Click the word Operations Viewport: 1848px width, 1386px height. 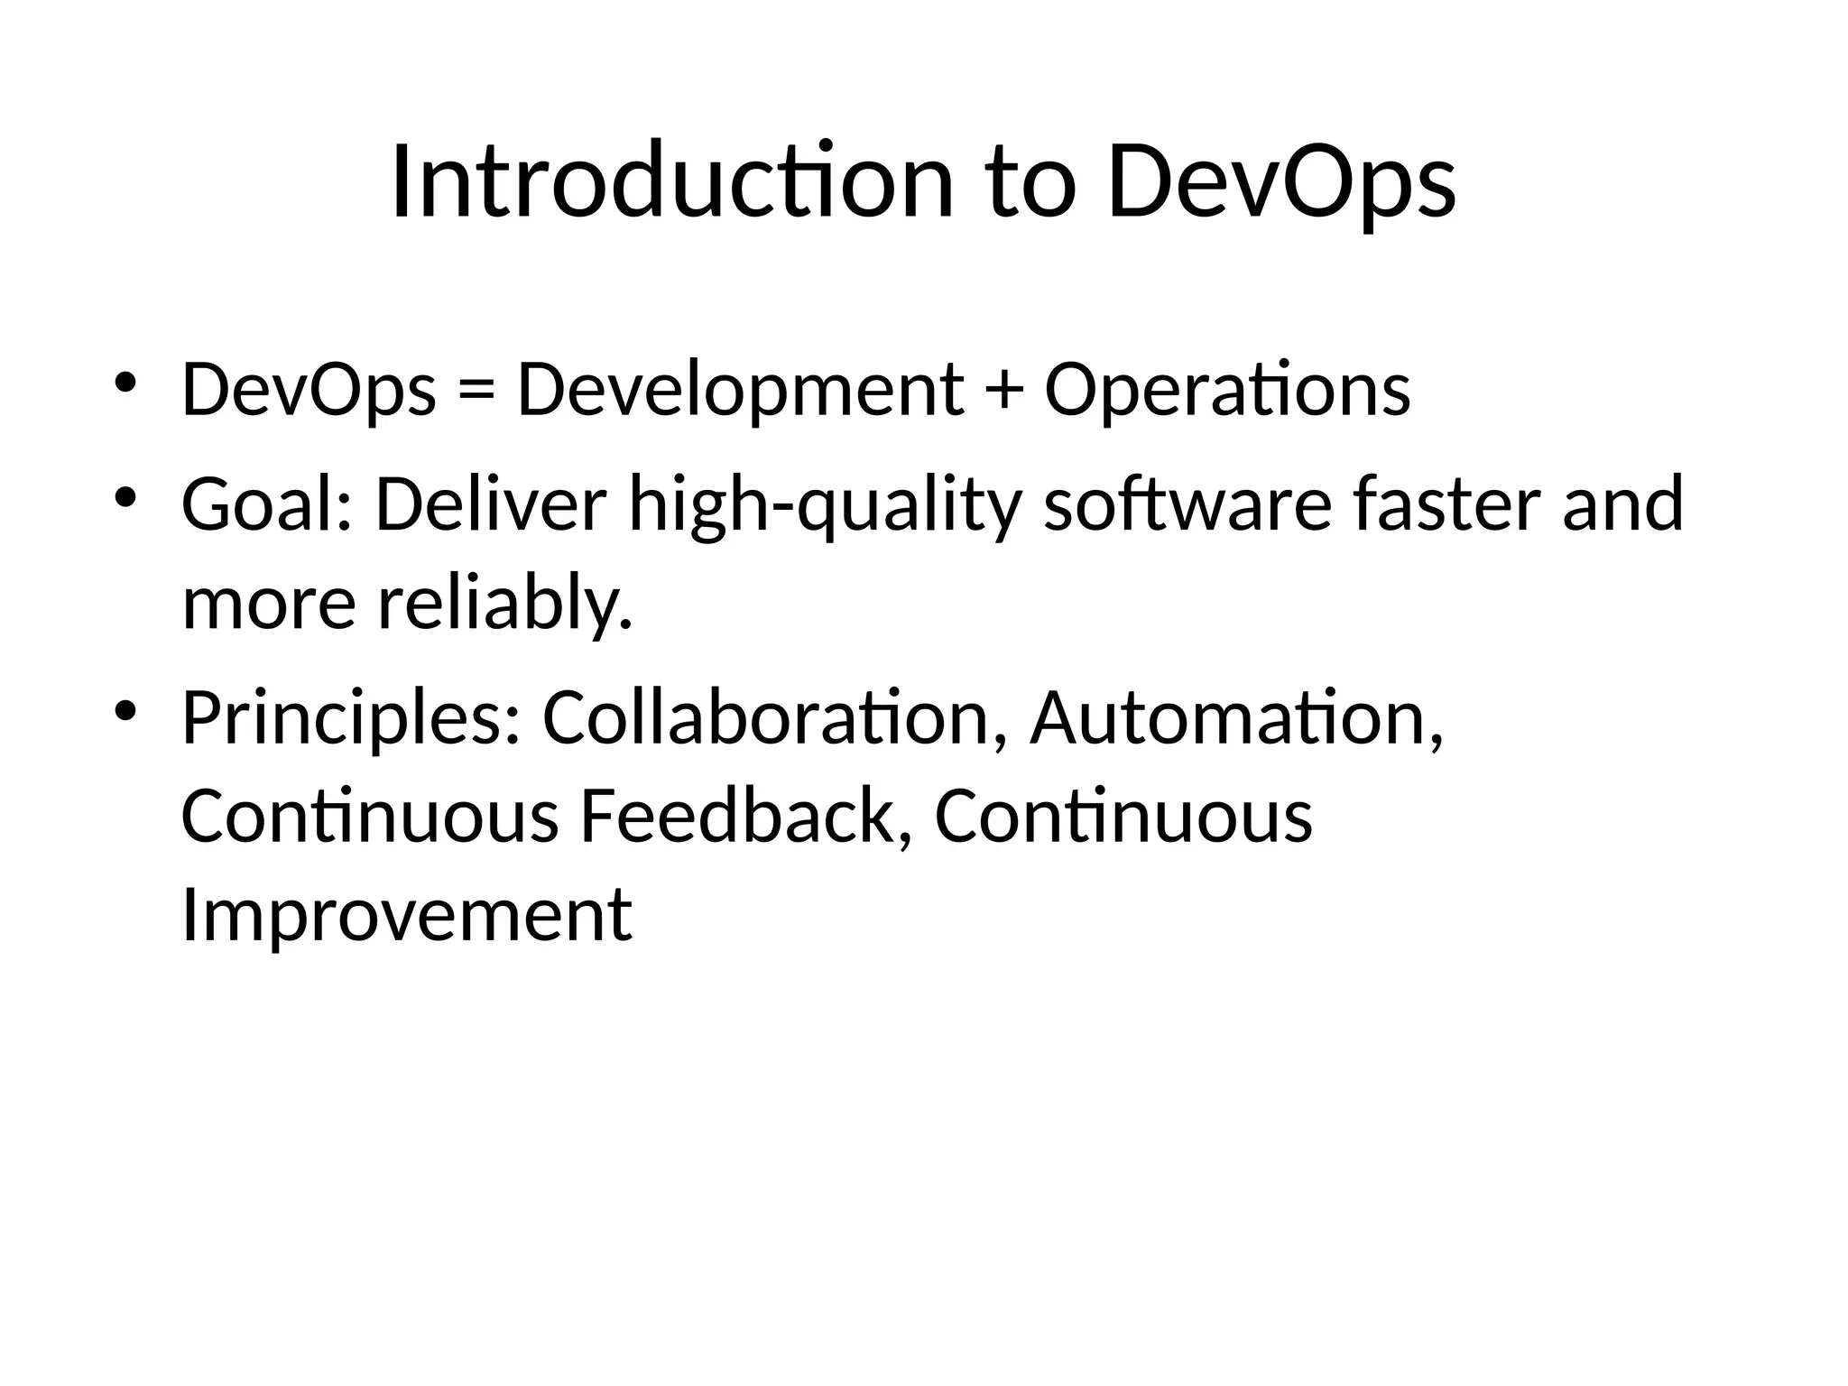pyautogui.click(x=1227, y=390)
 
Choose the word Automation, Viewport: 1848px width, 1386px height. pyautogui.click(x=1236, y=718)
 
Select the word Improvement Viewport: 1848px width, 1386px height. pyautogui.click(x=406, y=915)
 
